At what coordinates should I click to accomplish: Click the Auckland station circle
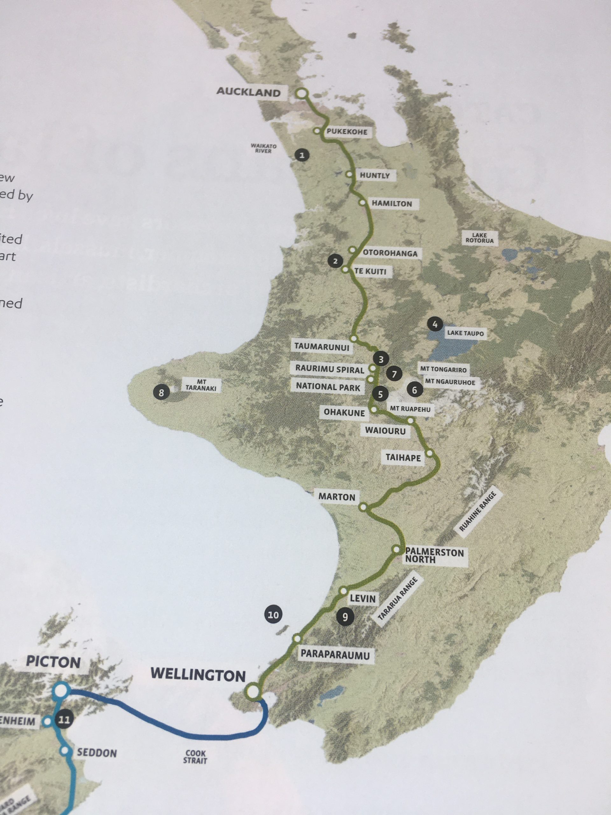[x=302, y=94]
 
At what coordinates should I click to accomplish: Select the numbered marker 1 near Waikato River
[x=302, y=155]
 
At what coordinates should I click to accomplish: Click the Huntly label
[x=375, y=176]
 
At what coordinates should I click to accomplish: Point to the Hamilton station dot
[x=363, y=202]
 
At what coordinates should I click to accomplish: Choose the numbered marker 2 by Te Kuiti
[x=335, y=262]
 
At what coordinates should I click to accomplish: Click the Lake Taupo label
[x=465, y=333]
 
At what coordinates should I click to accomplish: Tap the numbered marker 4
[x=435, y=324]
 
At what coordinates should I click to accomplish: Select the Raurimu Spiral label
[x=330, y=369]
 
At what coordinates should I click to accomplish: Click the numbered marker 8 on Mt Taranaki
[x=161, y=393]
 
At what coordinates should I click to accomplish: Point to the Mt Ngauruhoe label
[x=450, y=382]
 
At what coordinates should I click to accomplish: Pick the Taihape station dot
[x=429, y=452]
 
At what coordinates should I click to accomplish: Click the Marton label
[x=337, y=497]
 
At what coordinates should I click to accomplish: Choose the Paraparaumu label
[x=335, y=654]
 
